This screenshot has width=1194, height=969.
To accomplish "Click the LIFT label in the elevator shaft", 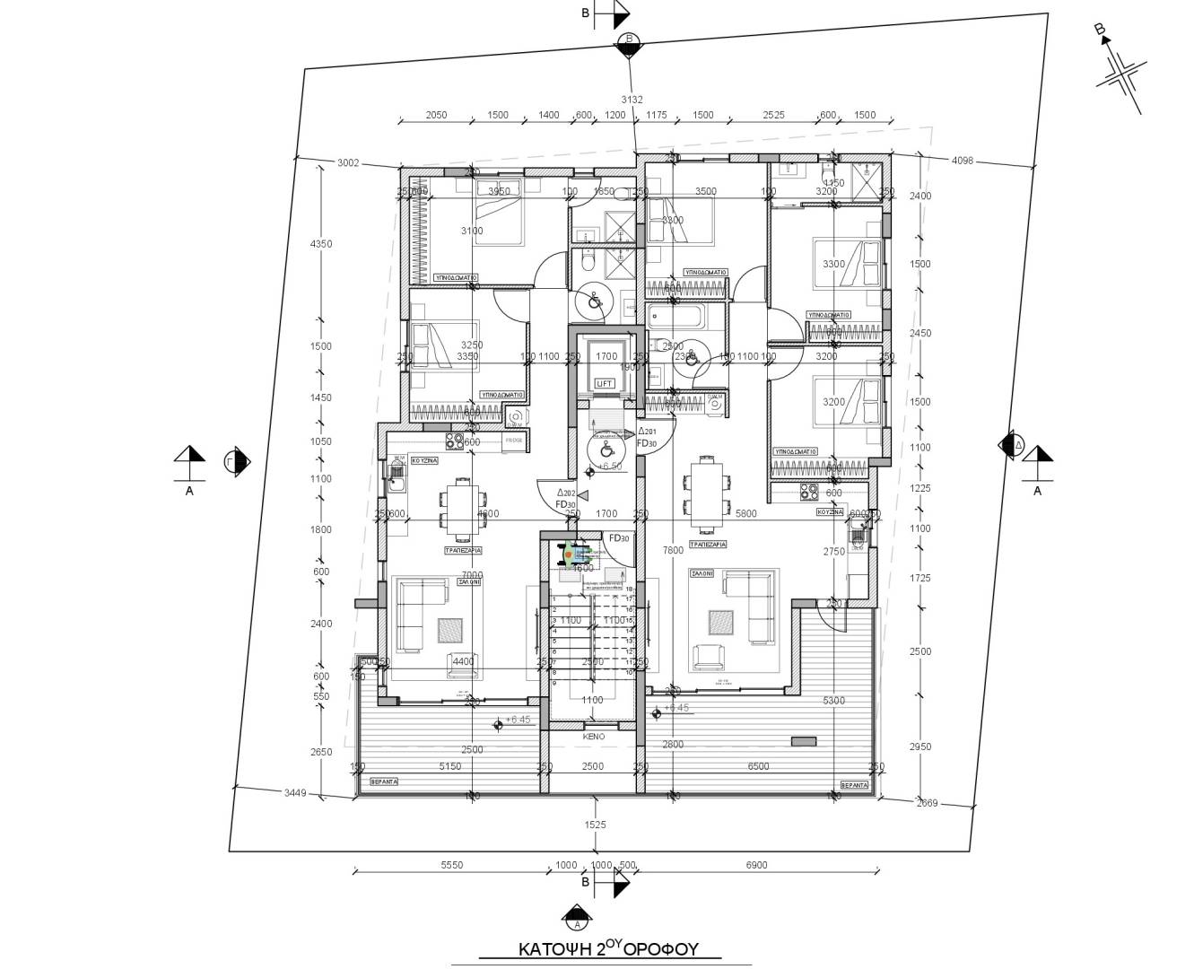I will pyautogui.click(x=605, y=383).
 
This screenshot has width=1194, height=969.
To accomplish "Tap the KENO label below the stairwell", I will pyautogui.click(x=594, y=736).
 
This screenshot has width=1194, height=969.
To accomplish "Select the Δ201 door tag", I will pyautogui.click(x=647, y=432).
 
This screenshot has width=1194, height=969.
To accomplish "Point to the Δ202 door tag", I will pyautogui.click(x=565, y=493).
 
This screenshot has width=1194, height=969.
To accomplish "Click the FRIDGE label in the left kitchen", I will pyautogui.click(x=514, y=441).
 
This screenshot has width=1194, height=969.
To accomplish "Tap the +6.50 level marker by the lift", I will pyautogui.click(x=610, y=467).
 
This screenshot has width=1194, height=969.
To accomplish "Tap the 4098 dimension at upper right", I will pyautogui.click(x=962, y=161).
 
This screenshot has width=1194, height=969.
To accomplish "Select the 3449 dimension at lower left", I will pyautogui.click(x=295, y=792).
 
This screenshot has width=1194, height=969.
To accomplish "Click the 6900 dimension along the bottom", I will pyautogui.click(x=756, y=865).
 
